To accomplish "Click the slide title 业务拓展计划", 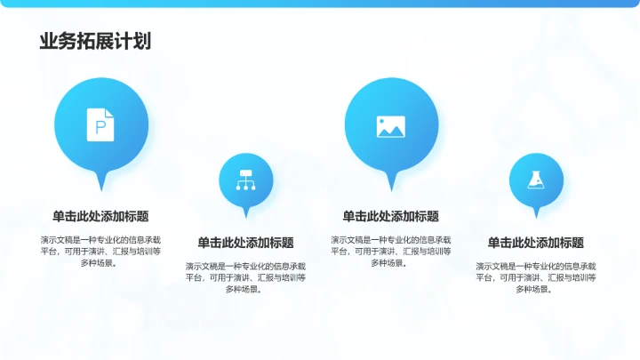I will pyautogui.click(x=94, y=41).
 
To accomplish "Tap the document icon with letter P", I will pyautogui.click(x=100, y=124).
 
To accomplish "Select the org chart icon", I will pyautogui.click(x=245, y=180).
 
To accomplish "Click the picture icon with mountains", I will pyautogui.click(x=391, y=126).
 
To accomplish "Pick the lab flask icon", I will pyautogui.click(x=536, y=180).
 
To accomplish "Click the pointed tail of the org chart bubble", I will pyautogui.click(x=246, y=214).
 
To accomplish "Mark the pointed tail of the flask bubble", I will pyautogui.click(x=536, y=214).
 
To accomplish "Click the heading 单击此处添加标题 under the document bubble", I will pyautogui.click(x=100, y=216).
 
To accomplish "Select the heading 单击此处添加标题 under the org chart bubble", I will pyautogui.click(x=245, y=243).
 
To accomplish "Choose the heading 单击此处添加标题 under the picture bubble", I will pyautogui.click(x=391, y=216).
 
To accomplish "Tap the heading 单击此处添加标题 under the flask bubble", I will pyautogui.click(x=536, y=243).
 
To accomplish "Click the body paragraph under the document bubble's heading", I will pyautogui.click(x=100, y=251).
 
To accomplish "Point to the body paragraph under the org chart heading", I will pyautogui.click(x=245, y=277).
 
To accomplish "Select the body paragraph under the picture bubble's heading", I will pyautogui.click(x=391, y=251).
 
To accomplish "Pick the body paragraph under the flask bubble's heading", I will pyautogui.click(x=536, y=277).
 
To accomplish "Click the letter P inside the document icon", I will pyautogui.click(x=100, y=126).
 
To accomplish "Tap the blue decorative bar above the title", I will pyautogui.click(x=320, y=4).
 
